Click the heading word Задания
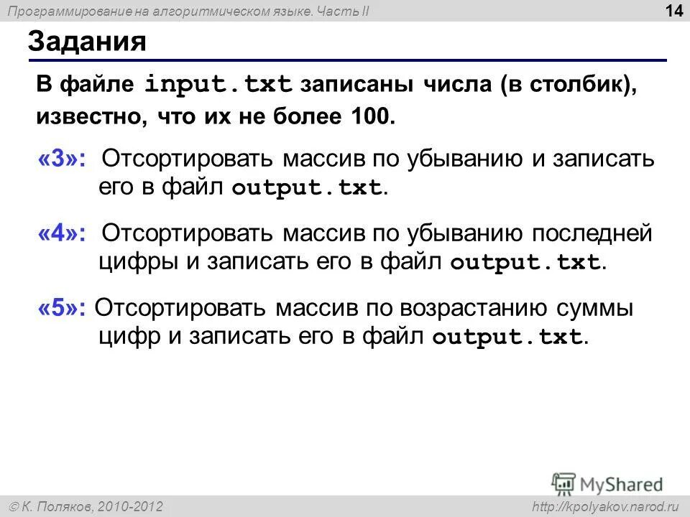(x=87, y=42)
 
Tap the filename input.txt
(x=218, y=85)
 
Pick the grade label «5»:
(x=61, y=308)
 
